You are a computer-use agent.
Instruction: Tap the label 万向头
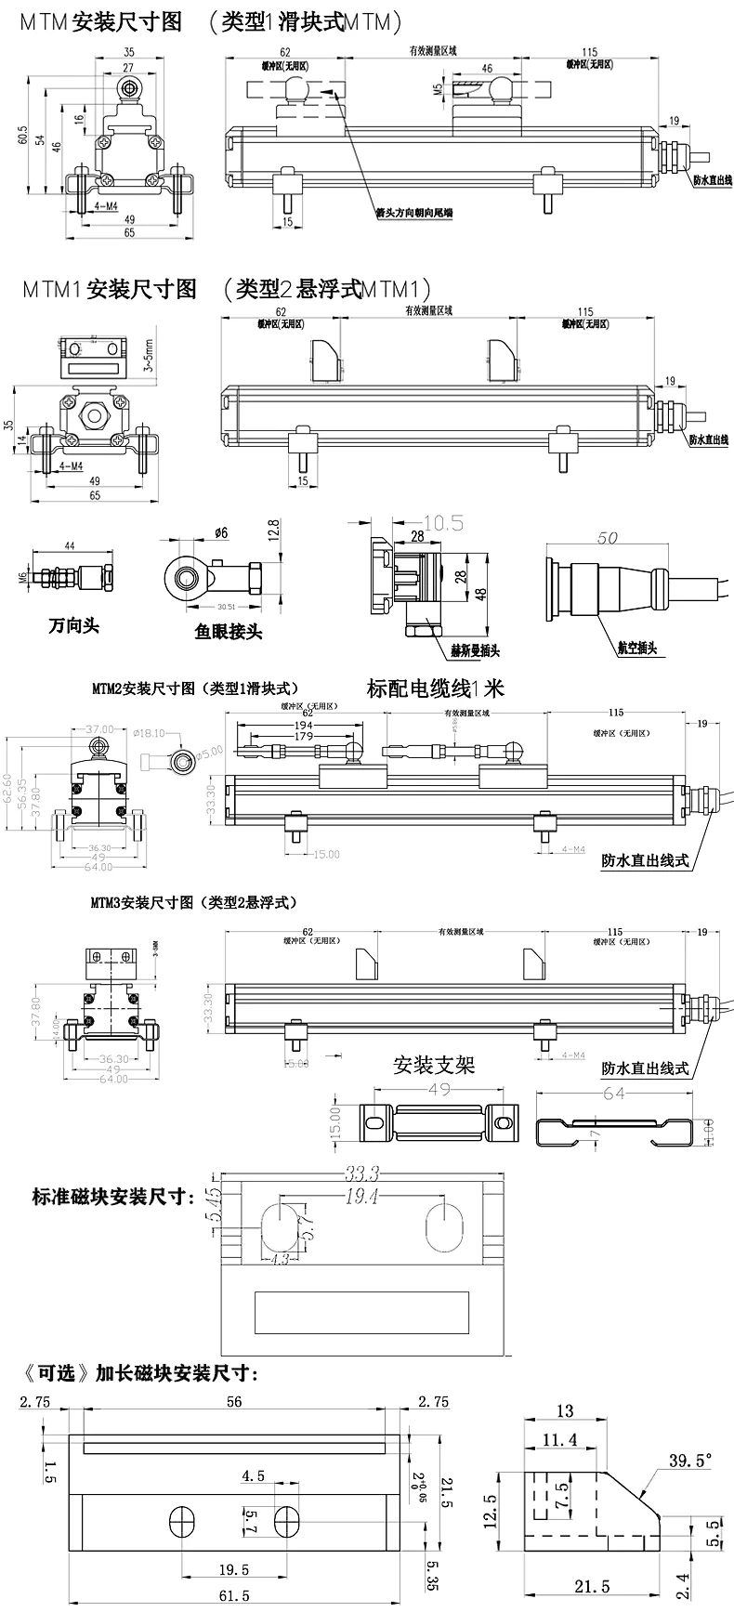tap(73, 625)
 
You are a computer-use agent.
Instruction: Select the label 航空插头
tap(636, 648)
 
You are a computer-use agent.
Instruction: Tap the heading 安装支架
tap(434, 1064)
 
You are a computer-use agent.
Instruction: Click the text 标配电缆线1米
tap(436, 688)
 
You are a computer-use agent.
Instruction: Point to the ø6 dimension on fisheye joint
tap(221, 532)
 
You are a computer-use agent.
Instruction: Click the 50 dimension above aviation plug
tap(608, 537)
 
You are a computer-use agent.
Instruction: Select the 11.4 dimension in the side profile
tap(559, 1440)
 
